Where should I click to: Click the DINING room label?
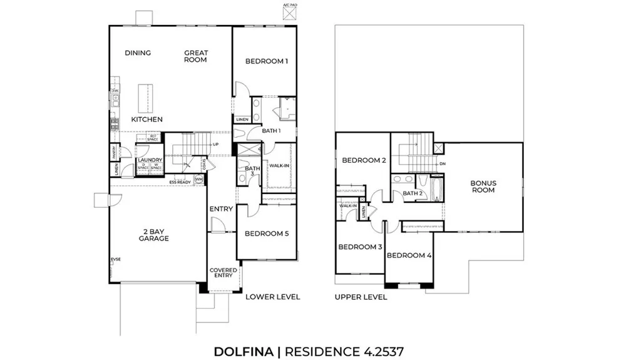click(138, 53)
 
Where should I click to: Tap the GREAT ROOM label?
click(195, 56)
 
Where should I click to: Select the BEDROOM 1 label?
click(266, 61)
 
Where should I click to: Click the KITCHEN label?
click(147, 120)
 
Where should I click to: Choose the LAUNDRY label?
click(150, 160)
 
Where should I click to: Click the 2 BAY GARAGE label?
click(154, 235)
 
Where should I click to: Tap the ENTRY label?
click(221, 209)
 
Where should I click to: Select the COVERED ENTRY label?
click(223, 273)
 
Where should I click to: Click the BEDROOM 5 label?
click(266, 234)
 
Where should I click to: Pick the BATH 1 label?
click(270, 131)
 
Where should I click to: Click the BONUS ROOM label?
click(483, 187)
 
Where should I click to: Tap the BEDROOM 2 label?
click(363, 161)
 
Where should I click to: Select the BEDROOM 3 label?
click(360, 247)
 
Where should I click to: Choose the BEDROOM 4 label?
click(409, 255)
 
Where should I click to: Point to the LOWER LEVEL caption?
click(273, 297)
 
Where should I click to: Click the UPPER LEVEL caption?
click(361, 297)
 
